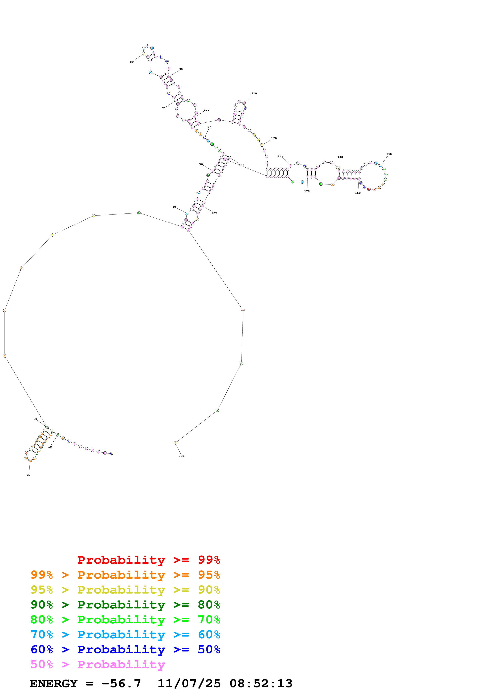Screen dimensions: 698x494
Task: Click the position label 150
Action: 389,154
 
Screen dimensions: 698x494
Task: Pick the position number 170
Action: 307,191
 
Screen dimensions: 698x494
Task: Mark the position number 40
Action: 174,207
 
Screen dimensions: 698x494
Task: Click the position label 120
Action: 274,138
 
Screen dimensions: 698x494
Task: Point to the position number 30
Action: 35,419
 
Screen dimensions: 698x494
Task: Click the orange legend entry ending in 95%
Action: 125,575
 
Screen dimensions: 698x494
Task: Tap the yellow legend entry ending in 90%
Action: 125,590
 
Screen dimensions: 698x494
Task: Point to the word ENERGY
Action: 54,683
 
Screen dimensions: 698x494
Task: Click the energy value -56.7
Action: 121,683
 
